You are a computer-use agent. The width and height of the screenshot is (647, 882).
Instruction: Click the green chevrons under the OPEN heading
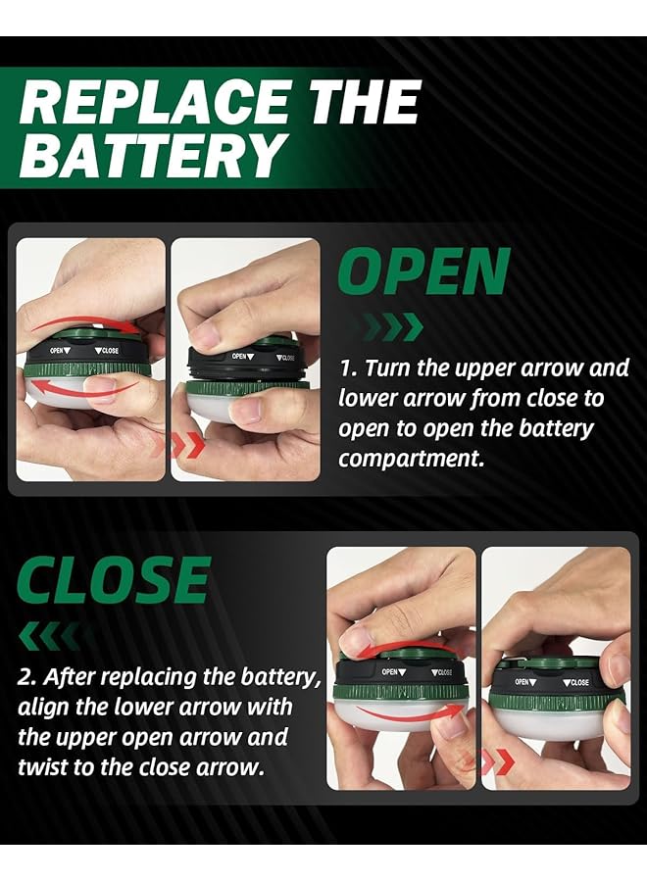(392, 326)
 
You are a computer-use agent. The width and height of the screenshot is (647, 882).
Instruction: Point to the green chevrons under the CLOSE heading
(50, 636)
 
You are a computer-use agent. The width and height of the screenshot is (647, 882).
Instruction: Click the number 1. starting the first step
(348, 369)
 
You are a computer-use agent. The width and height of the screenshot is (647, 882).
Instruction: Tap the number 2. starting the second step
(26, 677)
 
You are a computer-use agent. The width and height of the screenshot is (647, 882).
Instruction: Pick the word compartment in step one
(412, 459)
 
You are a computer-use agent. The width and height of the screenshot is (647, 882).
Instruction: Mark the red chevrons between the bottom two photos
(493, 761)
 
